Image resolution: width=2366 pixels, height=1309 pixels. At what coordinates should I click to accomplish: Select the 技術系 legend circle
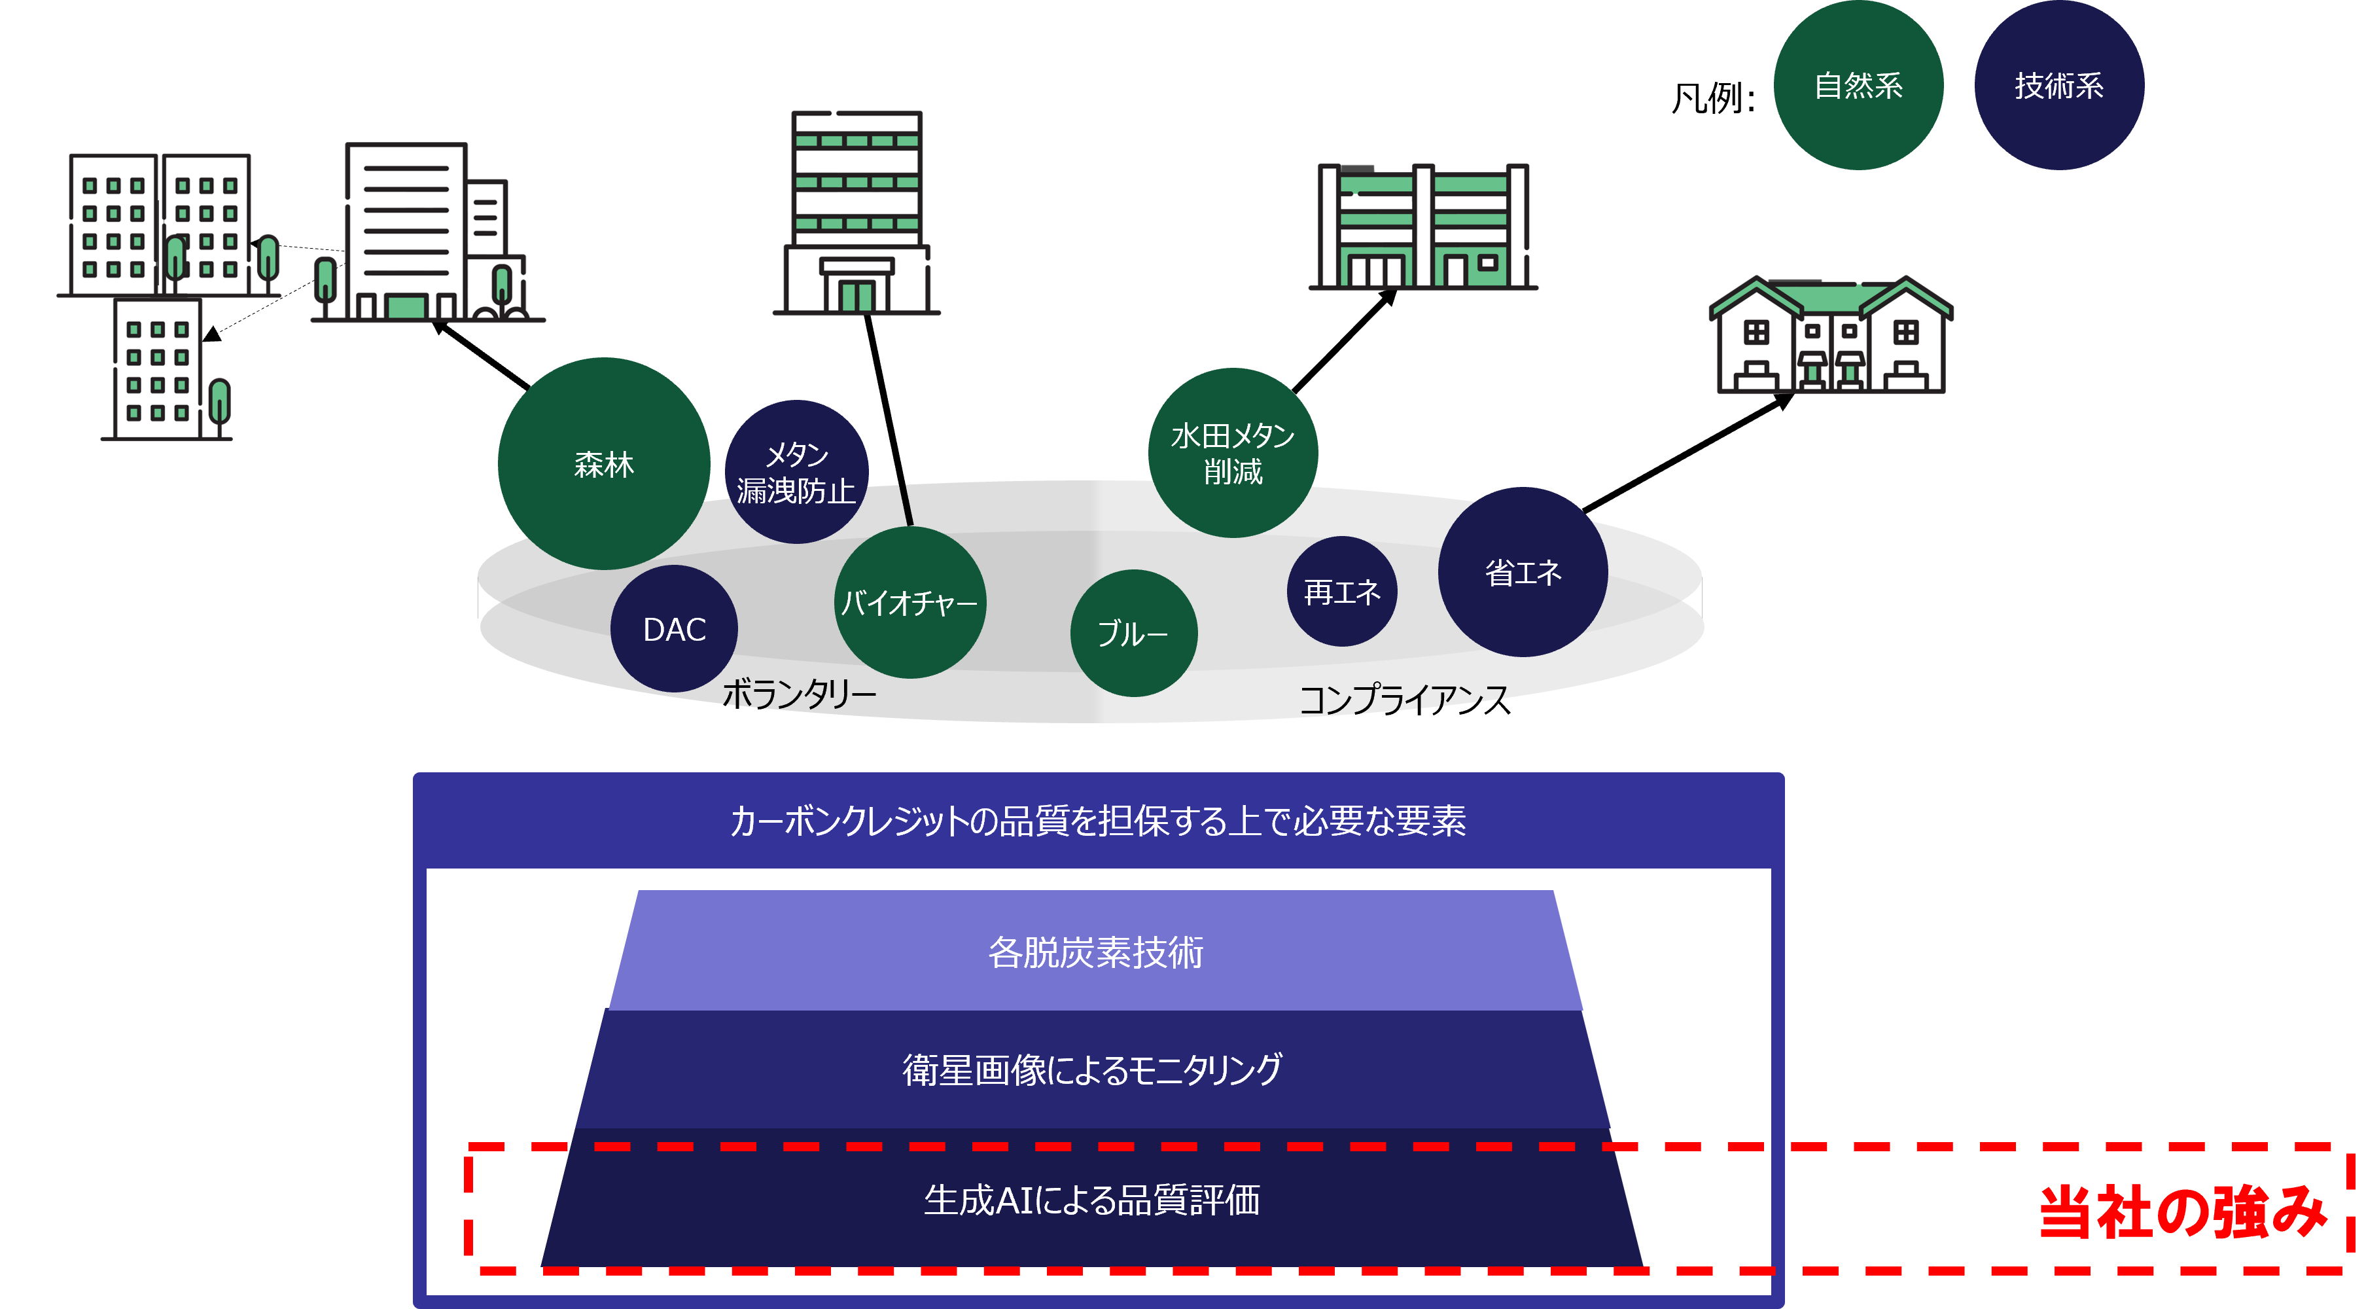pos(2058,86)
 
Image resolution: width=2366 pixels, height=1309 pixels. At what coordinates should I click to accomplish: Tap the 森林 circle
pos(603,464)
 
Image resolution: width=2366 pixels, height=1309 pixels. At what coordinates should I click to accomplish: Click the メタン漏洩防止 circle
pos(796,472)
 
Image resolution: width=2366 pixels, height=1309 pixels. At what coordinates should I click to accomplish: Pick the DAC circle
pos(674,629)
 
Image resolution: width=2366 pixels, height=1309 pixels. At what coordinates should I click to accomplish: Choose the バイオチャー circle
pos(909,603)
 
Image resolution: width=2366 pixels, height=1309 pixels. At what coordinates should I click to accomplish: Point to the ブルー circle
pos(1133,633)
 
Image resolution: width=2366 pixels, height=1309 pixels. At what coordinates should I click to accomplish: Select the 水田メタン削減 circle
pos(1233,453)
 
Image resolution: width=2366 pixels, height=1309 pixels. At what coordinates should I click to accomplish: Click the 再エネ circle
pos(1342,592)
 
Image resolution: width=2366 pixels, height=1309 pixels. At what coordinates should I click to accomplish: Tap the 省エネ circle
pos(1523,572)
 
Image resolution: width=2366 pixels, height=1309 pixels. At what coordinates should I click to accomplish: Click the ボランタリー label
pos(799,694)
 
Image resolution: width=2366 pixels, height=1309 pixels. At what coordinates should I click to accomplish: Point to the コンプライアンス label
pos(1402,698)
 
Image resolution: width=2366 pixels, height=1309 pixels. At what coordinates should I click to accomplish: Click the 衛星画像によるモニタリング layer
pos(1092,1070)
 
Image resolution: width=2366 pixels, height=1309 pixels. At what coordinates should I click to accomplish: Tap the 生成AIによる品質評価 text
pos(1092,1200)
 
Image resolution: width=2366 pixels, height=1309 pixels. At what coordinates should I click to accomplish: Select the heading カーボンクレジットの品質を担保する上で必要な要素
pos(1097,820)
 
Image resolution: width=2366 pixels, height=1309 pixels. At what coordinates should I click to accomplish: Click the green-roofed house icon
pos(1831,336)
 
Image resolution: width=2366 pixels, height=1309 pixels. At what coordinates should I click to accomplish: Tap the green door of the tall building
pos(857,296)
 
